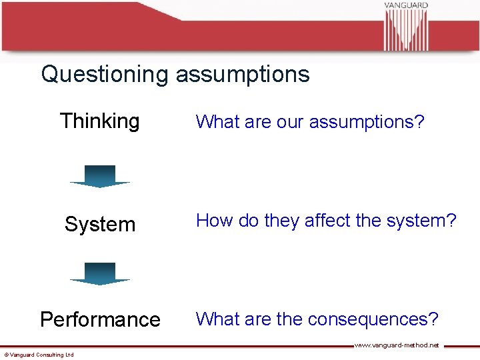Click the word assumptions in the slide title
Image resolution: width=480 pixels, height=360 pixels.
243,74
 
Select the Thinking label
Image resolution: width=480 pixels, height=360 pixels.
100,121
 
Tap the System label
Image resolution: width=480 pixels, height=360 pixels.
100,225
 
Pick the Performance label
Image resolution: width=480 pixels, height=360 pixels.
100,320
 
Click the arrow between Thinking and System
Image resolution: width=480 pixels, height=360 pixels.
100,176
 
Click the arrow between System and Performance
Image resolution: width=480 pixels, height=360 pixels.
100,273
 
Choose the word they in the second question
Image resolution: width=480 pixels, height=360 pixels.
282,221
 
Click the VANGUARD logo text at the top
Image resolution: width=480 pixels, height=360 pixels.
405,5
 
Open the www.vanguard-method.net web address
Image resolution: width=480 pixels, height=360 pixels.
397,345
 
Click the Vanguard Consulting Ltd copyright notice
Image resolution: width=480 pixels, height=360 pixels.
39,355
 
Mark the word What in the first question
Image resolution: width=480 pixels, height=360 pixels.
213,122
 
